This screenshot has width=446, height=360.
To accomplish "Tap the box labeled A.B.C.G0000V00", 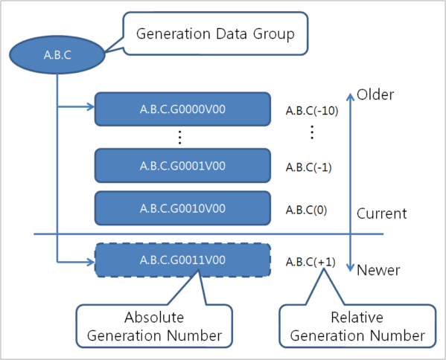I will click(x=182, y=109).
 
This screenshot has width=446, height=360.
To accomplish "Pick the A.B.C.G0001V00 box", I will click(x=182, y=166).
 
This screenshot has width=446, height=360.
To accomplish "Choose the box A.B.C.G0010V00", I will click(x=182, y=208).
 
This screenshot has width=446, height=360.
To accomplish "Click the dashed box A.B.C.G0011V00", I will click(x=182, y=260).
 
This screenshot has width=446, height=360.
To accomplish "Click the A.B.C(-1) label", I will click(x=308, y=167).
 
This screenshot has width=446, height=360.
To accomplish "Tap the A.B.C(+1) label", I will click(x=308, y=262).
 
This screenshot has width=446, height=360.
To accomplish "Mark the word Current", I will click(x=382, y=214).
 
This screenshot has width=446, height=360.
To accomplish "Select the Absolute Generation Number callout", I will click(x=154, y=327).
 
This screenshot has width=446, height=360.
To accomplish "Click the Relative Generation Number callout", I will click(x=357, y=327).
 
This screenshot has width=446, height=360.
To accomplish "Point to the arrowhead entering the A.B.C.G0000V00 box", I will click(x=90, y=109).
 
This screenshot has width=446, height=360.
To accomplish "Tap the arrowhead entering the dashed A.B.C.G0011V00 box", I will click(x=90, y=260).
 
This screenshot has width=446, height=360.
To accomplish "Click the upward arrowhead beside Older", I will click(x=350, y=95).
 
